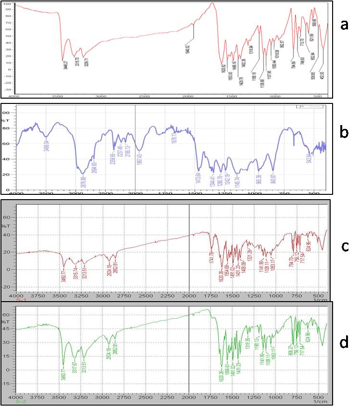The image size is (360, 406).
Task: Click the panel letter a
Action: [344, 25]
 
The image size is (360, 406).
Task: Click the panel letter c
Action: [344, 246]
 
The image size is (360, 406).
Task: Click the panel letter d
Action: [344, 343]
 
